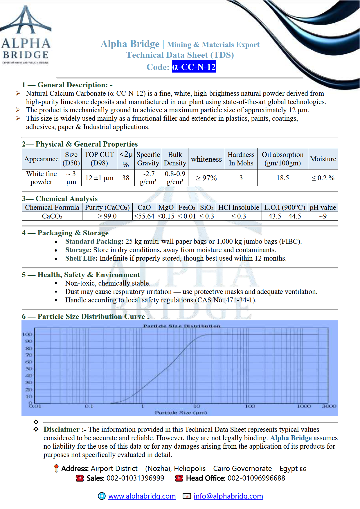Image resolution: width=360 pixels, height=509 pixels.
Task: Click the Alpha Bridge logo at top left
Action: (x=26, y=35)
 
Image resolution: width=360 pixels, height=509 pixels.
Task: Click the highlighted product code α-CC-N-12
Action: (x=194, y=67)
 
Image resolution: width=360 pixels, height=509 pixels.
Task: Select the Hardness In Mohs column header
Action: (x=241, y=159)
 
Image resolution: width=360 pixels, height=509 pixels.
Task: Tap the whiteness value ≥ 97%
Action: (x=206, y=178)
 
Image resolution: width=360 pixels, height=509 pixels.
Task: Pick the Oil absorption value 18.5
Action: (x=282, y=178)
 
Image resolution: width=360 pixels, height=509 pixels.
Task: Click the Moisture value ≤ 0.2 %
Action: (x=323, y=178)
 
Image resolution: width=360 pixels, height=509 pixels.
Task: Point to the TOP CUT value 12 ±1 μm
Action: (x=99, y=178)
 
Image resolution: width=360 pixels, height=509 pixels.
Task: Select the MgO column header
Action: (x=166, y=207)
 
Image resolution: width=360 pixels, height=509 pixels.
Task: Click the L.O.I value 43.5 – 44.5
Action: (x=285, y=216)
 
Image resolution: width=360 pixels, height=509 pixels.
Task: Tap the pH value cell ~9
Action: (x=323, y=216)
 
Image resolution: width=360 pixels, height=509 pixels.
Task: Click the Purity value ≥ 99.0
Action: (x=107, y=216)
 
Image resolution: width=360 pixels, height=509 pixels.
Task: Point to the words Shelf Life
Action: (x=81, y=258)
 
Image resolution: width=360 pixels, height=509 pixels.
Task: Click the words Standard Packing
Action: (x=93, y=241)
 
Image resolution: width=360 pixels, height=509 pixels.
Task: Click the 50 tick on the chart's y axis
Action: (x=29, y=369)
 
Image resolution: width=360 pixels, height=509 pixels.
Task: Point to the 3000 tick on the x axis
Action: (x=329, y=406)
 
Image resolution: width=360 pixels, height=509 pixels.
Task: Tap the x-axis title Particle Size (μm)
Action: (x=181, y=413)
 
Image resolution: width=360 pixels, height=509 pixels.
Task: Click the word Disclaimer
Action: (x=62, y=429)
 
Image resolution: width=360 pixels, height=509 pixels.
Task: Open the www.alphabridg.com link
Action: (x=142, y=496)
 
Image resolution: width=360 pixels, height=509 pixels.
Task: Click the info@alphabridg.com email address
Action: (x=228, y=496)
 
